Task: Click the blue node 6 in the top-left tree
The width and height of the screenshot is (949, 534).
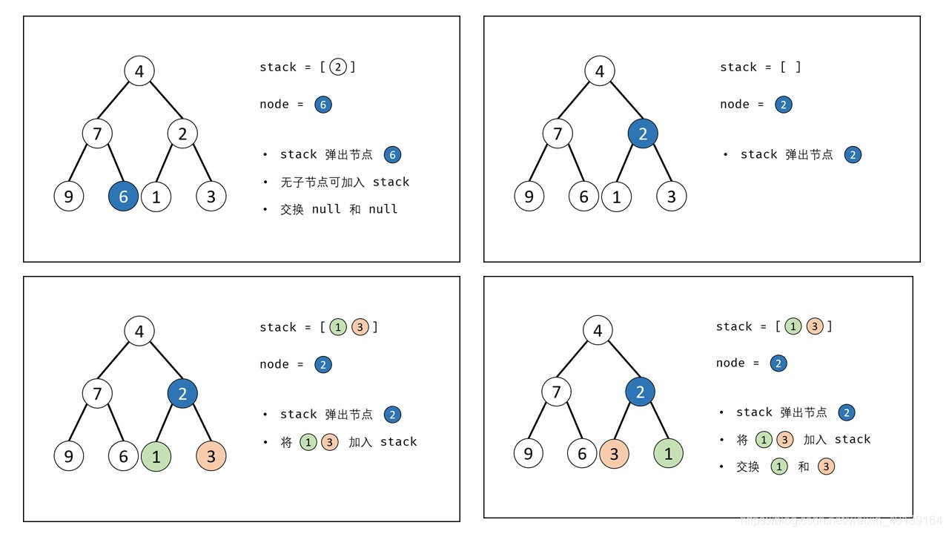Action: coord(123,197)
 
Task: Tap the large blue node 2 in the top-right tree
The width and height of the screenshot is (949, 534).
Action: coord(643,133)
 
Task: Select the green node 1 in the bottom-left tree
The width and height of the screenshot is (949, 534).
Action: coord(156,456)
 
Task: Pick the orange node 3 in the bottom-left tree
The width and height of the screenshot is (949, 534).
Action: coord(211,456)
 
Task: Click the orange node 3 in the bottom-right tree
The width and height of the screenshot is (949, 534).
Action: coord(614,454)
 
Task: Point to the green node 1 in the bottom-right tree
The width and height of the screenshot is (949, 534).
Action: coord(668,454)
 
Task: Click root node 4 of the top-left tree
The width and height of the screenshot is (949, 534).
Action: coord(139,71)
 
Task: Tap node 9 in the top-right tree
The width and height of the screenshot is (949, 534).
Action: coord(529,197)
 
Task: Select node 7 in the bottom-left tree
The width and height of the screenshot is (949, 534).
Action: coord(97,393)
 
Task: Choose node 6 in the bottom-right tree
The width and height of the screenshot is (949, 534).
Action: coord(582,454)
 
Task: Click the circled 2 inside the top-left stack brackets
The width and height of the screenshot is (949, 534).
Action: coord(338,67)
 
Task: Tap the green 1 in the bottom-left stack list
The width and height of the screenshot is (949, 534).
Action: coord(338,327)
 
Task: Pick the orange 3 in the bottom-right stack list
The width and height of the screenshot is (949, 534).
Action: coord(815,326)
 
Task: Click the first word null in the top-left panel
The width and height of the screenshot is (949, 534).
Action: coord(326,209)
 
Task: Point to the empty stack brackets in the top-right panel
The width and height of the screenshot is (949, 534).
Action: coord(790,67)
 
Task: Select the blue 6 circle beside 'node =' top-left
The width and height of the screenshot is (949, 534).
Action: coord(323,105)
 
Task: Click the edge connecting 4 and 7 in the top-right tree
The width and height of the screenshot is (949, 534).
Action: coord(579,102)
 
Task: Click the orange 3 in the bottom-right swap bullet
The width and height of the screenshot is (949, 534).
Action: coord(826,467)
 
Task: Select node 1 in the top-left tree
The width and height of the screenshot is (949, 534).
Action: coord(156,197)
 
